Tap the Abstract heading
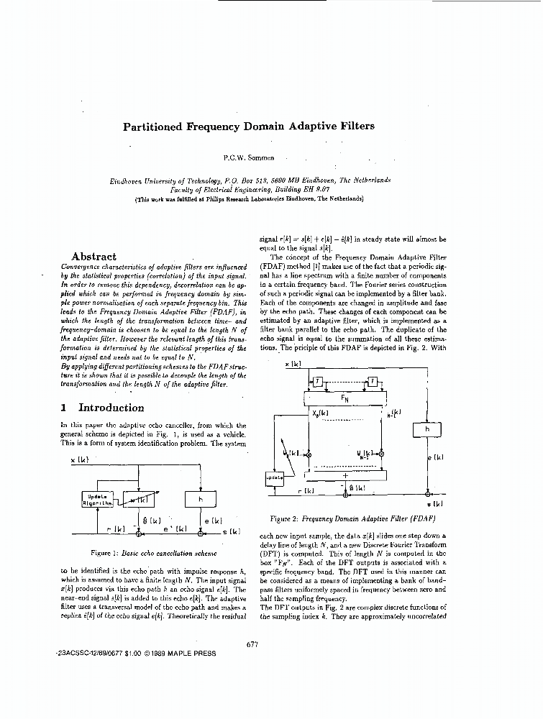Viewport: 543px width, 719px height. pos(93,256)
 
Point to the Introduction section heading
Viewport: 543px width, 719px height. pos(111,408)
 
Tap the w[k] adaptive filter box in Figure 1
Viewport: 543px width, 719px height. pos(139,498)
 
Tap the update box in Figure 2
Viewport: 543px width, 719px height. pos(275,477)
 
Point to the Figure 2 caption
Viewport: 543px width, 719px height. pos(352,518)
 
